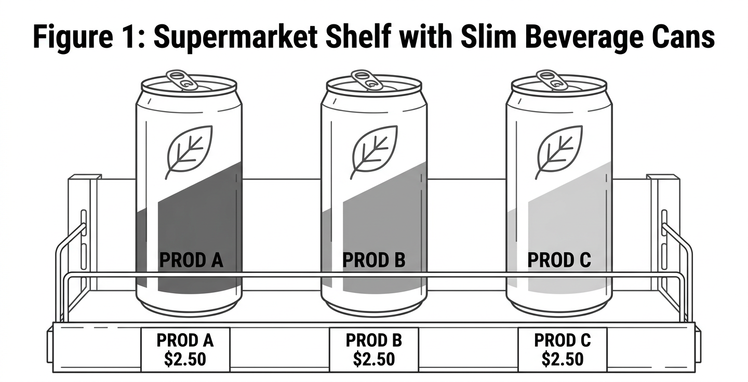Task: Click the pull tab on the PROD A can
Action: [182, 80]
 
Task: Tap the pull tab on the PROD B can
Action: [367, 80]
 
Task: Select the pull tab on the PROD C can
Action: [552, 80]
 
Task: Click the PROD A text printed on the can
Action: [191, 260]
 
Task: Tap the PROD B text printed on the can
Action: [373, 260]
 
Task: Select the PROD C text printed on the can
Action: [559, 260]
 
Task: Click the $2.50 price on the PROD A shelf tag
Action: [185, 359]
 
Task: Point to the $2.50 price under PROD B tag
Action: [374, 359]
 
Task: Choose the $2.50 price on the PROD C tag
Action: [563, 359]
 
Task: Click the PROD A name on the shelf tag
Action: [185, 340]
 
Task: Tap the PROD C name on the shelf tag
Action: [563, 340]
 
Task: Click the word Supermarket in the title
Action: [235, 37]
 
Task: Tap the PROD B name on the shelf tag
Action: [373, 340]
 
